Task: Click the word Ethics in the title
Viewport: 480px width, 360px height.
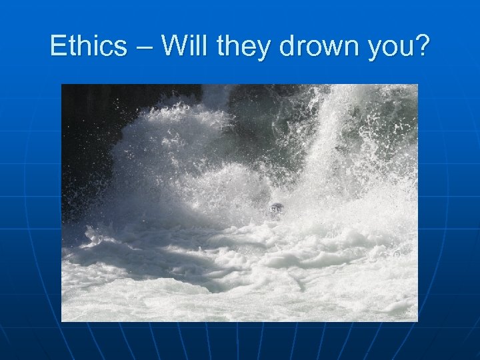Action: [88, 47]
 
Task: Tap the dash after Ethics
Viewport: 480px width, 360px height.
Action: [144, 49]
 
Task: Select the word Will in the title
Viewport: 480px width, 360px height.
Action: [184, 47]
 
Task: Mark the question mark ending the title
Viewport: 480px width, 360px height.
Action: [423, 47]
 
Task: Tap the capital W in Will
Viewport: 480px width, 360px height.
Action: [174, 47]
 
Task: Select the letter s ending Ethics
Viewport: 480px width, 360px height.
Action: [121, 49]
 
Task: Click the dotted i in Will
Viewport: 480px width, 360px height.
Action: [192, 47]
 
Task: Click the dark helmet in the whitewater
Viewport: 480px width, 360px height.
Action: [276, 209]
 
